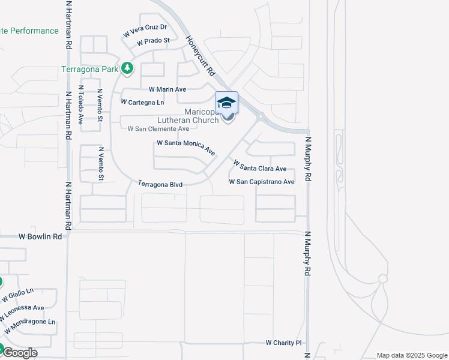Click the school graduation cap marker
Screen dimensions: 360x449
click(x=226, y=102)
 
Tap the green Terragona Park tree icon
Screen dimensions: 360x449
click(x=127, y=68)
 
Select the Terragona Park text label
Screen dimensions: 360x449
click(x=89, y=69)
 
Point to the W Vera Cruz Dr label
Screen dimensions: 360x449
click(x=145, y=31)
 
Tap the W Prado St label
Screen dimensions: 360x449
click(x=154, y=42)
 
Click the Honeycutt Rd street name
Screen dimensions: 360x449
click(x=200, y=55)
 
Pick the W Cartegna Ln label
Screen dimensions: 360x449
click(x=142, y=103)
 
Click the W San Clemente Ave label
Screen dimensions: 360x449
click(x=158, y=128)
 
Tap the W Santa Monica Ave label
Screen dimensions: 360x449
click(x=186, y=147)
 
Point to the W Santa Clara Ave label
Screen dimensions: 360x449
click(x=260, y=166)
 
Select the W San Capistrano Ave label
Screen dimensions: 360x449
click(x=262, y=182)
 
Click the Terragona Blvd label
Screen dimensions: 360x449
click(x=160, y=184)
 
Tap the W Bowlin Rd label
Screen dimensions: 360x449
click(x=40, y=237)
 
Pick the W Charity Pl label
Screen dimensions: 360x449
click(x=283, y=343)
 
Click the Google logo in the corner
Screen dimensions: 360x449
click(x=20, y=353)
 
